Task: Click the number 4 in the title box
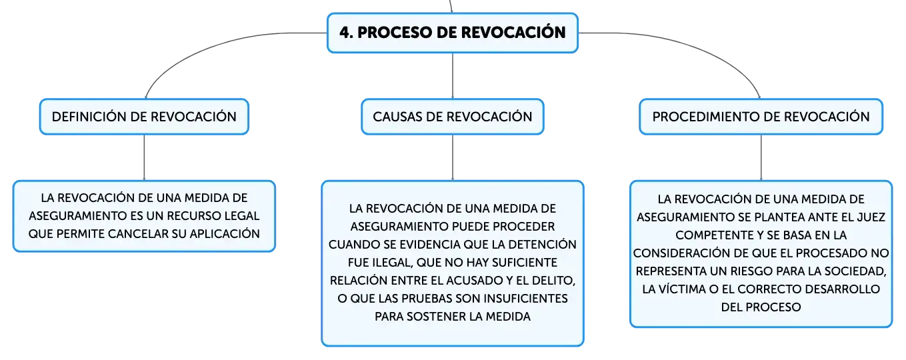click(345, 33)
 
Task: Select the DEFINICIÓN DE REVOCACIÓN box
click(144, 117)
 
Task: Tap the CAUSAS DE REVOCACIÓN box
click(453, 117)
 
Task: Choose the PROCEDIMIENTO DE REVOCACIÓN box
click(761, 117)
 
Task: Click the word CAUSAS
click(398, 117)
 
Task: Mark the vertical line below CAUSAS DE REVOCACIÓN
click(453, 157)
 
